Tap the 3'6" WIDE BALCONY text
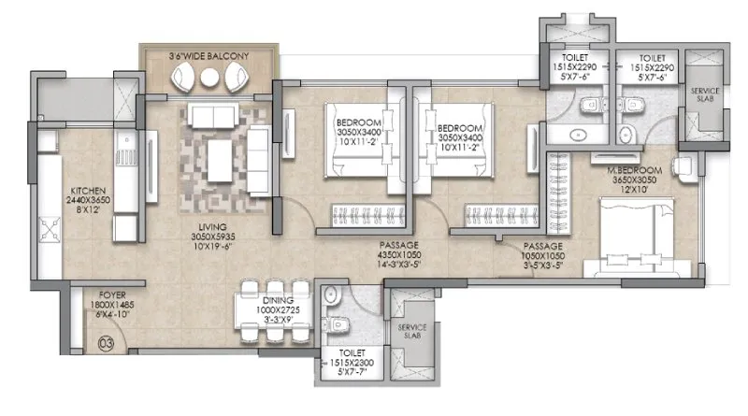(209, 57)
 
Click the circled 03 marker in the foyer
(106, 342)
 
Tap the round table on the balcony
(209, 79)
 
